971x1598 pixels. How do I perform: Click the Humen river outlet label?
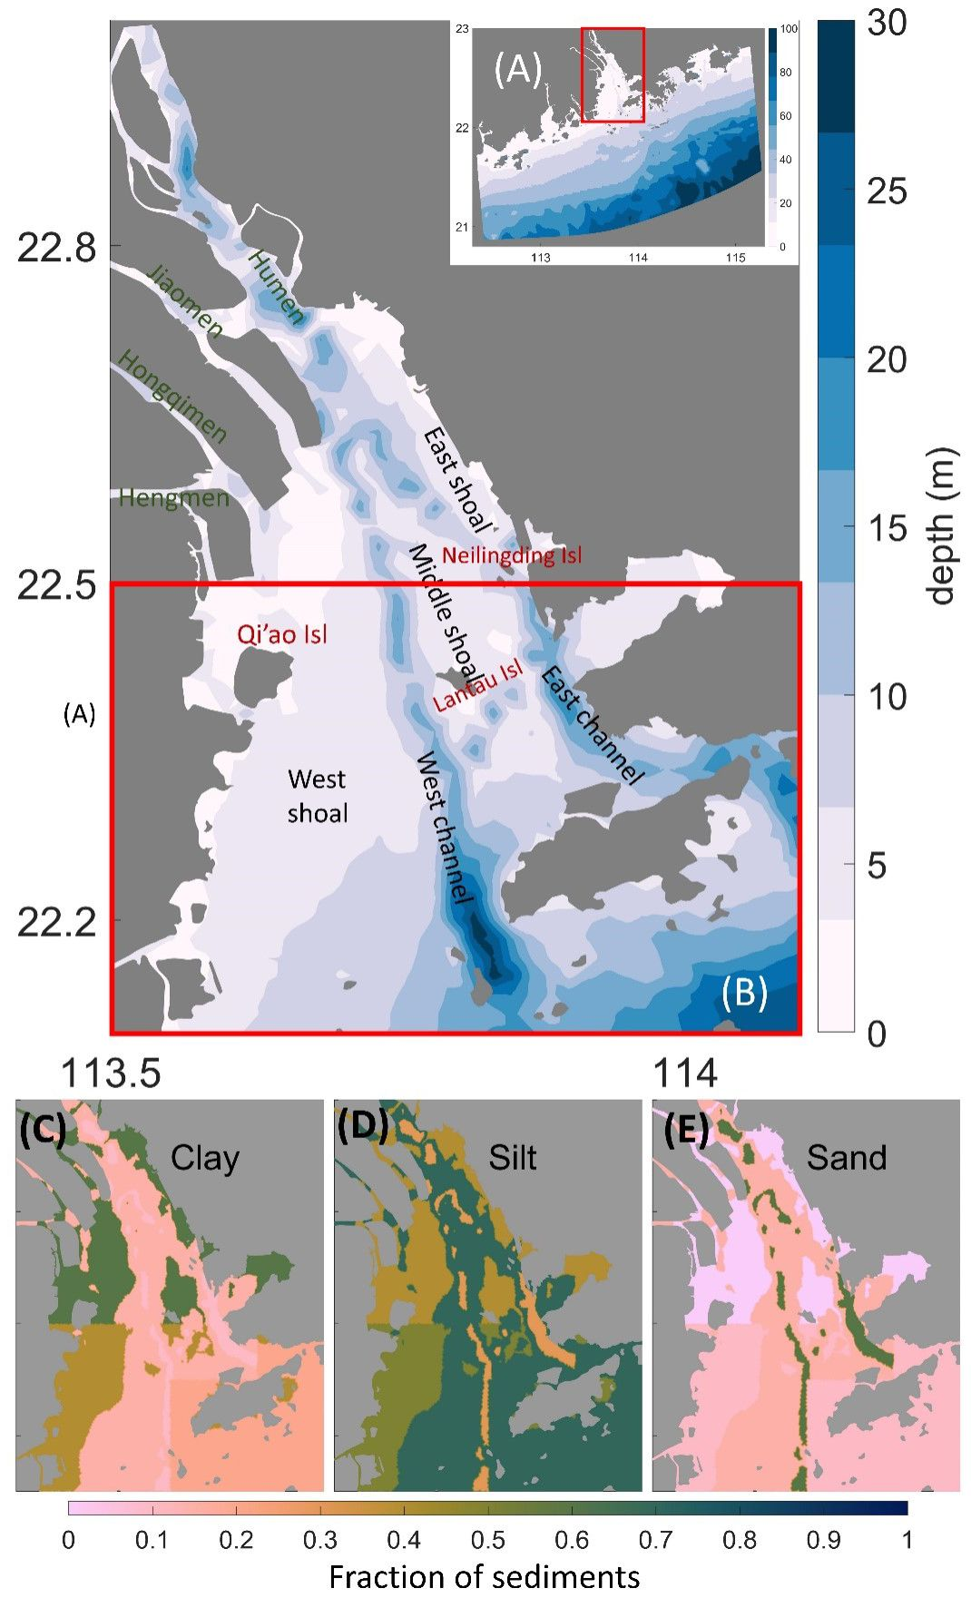click(x=276, y=288)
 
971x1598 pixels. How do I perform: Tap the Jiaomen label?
click(x=185, y=302)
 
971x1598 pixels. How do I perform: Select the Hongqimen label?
click(x=172, y=397)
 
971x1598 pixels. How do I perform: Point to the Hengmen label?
click(x=173, y=497)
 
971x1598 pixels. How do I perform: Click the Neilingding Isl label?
click(x=512, y=555)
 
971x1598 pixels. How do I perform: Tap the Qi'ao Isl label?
click(x=282, y=633)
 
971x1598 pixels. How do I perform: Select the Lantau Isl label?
click(x=478, y=686)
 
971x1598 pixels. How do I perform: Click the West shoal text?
click(x=317, y=796)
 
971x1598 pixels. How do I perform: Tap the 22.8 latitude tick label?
click(x=56, y=247)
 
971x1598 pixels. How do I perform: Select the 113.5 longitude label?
click(x=111, y=1073)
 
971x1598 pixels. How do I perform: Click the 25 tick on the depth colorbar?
click(x=886, y=191)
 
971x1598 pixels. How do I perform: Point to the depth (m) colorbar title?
click(x=944, y=526)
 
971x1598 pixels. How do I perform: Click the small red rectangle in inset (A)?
click(x=613, y=74)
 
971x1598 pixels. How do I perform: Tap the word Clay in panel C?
click(x=205, y=1158)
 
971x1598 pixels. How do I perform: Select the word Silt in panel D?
click(x=513, y=1158)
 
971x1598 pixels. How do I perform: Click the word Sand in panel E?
click(x=846, y=1158)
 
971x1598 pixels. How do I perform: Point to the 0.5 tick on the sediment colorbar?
click(x=487, y=1540)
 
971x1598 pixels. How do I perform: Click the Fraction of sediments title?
click(x=484, y=1576)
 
